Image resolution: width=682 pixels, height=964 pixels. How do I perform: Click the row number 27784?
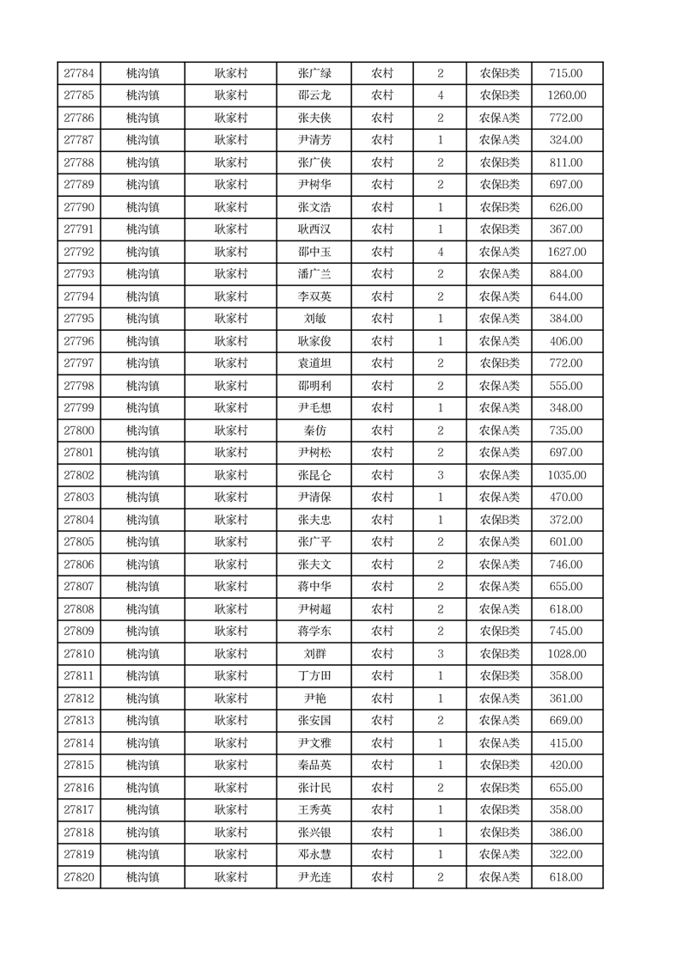pyautogui.click(x=79, y=73)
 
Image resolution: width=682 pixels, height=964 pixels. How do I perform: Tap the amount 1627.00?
pyautogui.click(x=566, y=252)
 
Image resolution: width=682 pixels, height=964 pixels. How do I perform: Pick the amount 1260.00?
pyautogui.click(x=566, y=95)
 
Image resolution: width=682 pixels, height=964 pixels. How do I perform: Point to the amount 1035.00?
pyautogui.click(x=566, y=475)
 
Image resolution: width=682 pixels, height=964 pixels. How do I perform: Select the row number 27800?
pyautogui.click(x=79, y=430)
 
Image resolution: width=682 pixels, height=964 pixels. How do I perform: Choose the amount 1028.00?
pyautogui.click(x=566, y=654)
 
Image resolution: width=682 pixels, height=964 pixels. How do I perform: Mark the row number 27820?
pyautogui.click(x=79, y=877)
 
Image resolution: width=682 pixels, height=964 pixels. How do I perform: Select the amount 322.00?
pyautogui.click(x=566, y=855)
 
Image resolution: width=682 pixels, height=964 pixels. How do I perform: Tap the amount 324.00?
pyautogui.click(x=566, y=140)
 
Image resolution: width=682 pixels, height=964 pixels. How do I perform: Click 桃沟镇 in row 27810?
pyautogui.click(x=143, y=654)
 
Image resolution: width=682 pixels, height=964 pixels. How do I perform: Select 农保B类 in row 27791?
pyautogui.click(x=499, y=229)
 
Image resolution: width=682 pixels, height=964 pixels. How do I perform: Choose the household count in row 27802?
pyautogui.click(x=440, y=475)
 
